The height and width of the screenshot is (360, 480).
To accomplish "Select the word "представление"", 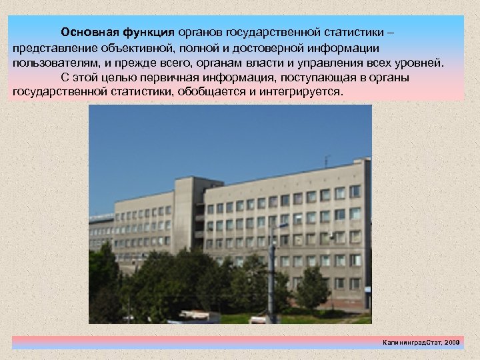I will coord(53,48).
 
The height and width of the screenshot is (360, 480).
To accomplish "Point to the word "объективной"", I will coord(133,48).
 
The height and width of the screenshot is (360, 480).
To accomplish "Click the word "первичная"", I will coord(179,78).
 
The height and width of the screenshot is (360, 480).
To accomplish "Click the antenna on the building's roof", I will coord(326,159).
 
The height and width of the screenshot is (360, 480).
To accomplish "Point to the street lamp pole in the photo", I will coord(271,273).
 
